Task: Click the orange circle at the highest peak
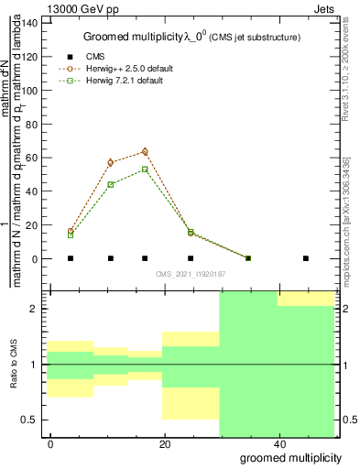click(x=145, y=152)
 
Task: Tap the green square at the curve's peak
click(x=145, y=169)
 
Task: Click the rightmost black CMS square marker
click(x=306, y=258)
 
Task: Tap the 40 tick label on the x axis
click(x=280, y=444)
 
